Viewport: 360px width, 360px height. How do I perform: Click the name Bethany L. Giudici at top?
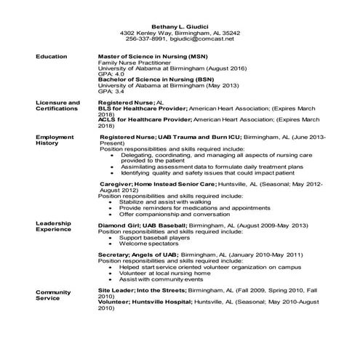click(180, 26)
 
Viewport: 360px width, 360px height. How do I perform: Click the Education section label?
click(52, 56)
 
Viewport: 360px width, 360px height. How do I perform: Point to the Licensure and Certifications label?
click(57, 107)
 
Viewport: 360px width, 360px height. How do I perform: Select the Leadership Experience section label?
click(55, 225)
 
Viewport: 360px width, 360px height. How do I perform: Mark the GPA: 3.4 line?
click(111, 92)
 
